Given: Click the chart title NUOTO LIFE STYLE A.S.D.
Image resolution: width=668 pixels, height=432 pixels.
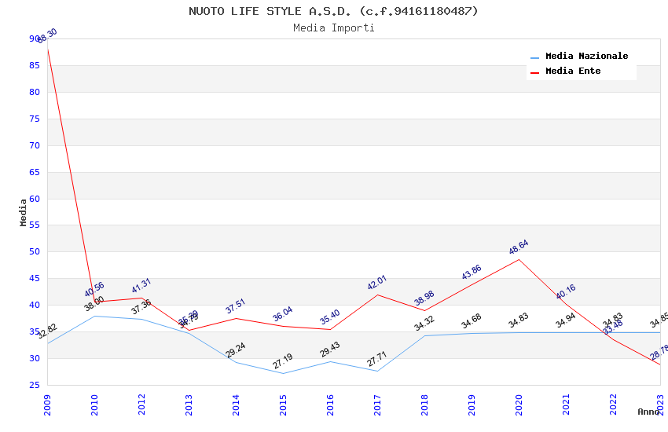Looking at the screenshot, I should pyautogui.click(x=333, y=11).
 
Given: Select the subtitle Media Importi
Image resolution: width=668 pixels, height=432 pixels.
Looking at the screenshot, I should pyautogui.click(x=333, y=28).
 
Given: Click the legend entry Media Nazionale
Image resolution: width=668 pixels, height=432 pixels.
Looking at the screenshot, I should pyautogui.click(x=586, y=57).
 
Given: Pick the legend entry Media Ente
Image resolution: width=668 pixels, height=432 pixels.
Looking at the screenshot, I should pyautogui.click(x=573, y=71).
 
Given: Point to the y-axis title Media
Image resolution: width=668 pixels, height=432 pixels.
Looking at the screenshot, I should pyautogui.click(x=23, y=212).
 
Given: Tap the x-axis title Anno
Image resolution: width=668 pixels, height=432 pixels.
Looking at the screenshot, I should pyautogui.click(x=648, y=412).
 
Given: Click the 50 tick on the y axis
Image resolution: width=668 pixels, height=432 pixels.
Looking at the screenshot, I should pyautogui.click(x=34, y=252).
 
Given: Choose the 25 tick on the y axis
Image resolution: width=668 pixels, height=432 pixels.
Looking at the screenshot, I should pyautogui.click(x=34, y=385).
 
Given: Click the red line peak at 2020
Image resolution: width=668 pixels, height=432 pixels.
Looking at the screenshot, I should pyautogui.click(x=519, y=259).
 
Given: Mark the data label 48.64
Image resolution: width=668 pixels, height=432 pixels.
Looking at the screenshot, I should pyautogui.click(x=518, y=247).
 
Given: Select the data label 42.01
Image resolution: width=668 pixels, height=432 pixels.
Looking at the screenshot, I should pyautogui.click(x=376, y=282).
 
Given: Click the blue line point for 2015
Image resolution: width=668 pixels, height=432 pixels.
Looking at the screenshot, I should pyautogui.click(x=283, y=373).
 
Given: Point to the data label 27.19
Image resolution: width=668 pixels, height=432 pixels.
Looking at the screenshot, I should pyautogui.click(x=282, y=361).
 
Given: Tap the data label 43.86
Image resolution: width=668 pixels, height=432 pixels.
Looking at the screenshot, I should pyautogui.click(x=471, y=272).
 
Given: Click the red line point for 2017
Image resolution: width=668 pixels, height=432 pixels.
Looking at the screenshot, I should pyautogui.click(x=377, y=295).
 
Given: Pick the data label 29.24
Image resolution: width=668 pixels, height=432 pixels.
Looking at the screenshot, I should pyautogui.click(x=235, y=350).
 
